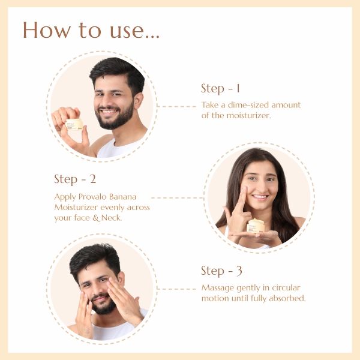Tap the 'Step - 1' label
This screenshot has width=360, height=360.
(x=220, y=89)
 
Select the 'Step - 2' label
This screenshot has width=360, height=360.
(x=75, y=179)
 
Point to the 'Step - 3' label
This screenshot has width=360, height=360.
(x=221, y=271)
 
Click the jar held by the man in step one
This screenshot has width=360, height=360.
(x=74, y=125)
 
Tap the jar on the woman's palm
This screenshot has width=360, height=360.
(x=256, y=226)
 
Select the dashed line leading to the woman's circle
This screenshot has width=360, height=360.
(x=178, y=197)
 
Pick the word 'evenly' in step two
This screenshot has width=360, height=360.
(x=110, y=208)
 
